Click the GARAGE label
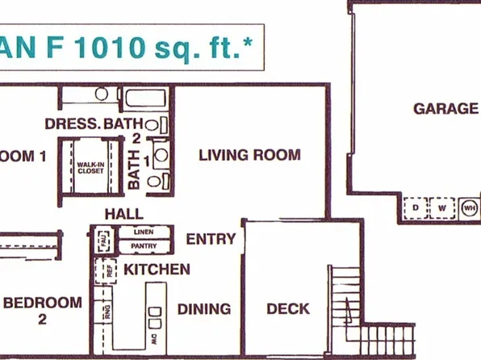445,108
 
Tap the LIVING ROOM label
249,155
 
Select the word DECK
288,308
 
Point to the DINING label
204,308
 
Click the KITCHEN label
157,269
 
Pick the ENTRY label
211,239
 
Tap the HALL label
123,214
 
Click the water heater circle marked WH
470,208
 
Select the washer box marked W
442,208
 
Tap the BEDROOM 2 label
43,309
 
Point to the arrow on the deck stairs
347,308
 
